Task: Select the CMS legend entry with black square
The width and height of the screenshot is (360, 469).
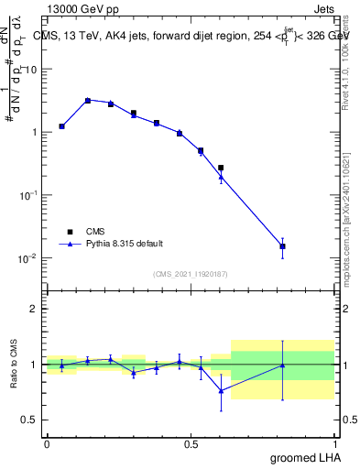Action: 92,232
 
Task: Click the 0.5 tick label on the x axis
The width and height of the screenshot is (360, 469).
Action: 191,444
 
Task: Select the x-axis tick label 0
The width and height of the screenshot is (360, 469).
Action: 47,444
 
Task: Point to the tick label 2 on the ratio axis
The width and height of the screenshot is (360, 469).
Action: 33,310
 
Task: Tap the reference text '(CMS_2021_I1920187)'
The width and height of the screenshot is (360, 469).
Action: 190,274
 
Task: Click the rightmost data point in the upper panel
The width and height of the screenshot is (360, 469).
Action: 283,246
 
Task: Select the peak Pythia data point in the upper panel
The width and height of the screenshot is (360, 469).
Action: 88,101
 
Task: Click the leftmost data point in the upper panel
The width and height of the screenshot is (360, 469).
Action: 61,126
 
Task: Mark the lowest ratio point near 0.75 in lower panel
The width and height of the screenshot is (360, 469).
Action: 221,390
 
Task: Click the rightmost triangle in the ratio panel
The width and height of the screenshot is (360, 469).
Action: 283,365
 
